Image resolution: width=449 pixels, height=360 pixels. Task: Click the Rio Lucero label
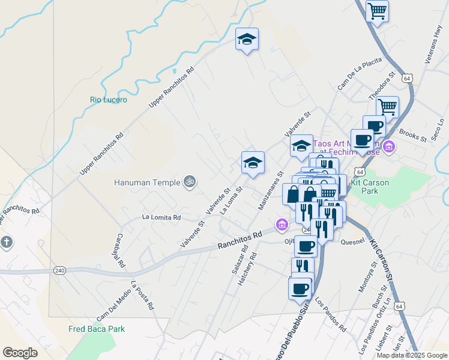pyautogui.click(x=109, y=100)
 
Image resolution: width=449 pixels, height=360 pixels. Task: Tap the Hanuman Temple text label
pyautogui.click(x=148, y=181)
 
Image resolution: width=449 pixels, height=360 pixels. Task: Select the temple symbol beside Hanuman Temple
pyautogui.click(x=190, y=181)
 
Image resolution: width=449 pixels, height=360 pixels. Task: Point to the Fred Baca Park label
pyautogui.click(x=96, y=329)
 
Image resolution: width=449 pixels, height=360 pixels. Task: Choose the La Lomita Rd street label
pyautogui.click(x=161, y=217)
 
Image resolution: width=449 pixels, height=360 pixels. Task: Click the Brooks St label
pyautogui.click(x=412, y=136)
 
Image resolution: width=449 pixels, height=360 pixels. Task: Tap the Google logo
pyautogui.click(x=20, y=353)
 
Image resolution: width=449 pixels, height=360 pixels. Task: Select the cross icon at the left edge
pyautogui.click(x=6, y=243)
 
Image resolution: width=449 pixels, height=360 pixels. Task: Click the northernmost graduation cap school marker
pyautogui.click(x=246, y=40)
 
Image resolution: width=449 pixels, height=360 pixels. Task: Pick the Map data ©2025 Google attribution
pyautogui.click(x=412, y=355)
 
